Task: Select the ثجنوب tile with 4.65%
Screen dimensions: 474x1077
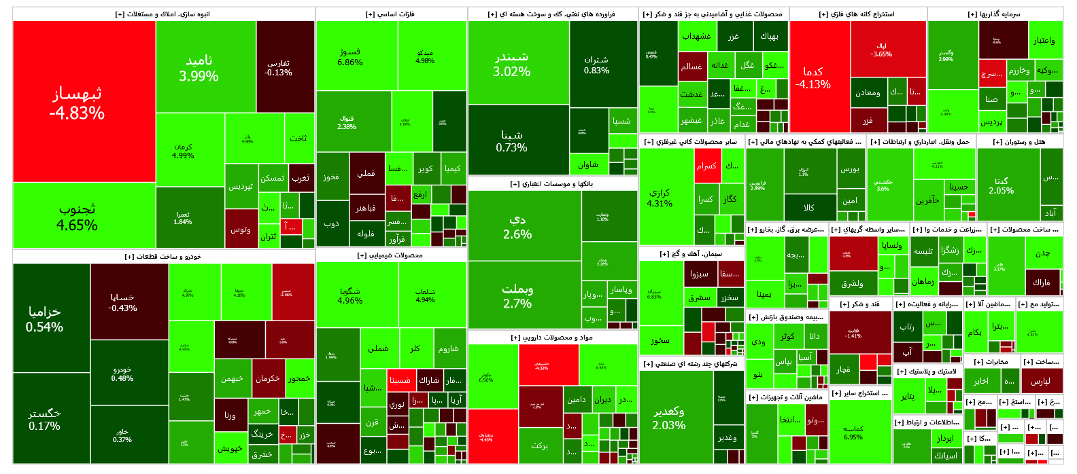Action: click(77, 216)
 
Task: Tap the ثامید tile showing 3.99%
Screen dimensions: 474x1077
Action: click(199, 68)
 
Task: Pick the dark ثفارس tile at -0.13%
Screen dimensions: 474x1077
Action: click(278, 67)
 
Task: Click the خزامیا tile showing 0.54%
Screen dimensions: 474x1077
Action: click(44, 318)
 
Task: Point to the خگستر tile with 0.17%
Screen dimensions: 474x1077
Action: click(44, 419)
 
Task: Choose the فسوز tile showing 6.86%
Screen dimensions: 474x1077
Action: click(349, 57)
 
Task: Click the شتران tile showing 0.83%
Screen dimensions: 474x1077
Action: click(596, 65)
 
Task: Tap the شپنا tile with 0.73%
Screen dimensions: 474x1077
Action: click(511, 141)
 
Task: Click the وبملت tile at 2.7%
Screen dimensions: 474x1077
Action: click(517, 296)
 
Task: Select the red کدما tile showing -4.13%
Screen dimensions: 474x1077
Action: click(813, 77)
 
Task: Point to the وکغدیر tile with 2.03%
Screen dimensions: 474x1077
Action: click(668, 418)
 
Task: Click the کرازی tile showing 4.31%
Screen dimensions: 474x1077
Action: click(660, 198)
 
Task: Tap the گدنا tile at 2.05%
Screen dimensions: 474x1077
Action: click(1001, 185)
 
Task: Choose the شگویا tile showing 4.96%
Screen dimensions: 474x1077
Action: click(350, 295)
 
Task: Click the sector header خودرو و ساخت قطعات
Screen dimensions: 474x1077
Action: click(163, 257)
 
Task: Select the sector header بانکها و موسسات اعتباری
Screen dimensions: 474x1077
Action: click(552, 184)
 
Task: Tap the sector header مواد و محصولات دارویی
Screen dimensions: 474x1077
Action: click(552, 338)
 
